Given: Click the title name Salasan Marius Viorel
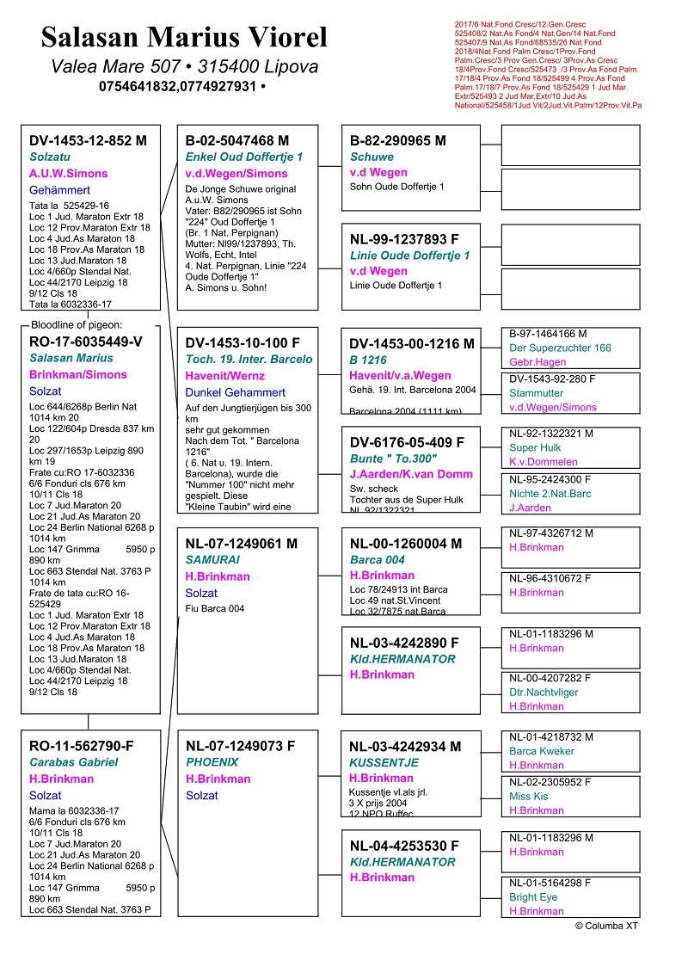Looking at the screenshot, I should [184, 38].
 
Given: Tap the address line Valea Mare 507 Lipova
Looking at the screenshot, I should [184, 67].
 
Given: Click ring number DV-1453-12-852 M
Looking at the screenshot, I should [88, 140].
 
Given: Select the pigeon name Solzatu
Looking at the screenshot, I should [52, 157].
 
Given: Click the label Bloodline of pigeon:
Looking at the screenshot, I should [77, 324].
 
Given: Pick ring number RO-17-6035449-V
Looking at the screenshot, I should [86, 342].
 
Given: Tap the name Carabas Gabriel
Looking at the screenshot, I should [74, 762].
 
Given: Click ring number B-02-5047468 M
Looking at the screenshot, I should [237, 140].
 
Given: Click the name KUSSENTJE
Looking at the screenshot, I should [384, 762].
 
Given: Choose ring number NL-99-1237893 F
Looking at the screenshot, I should [404, 240].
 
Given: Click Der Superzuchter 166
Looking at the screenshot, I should [560, 348].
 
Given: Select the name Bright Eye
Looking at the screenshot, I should [533, 896].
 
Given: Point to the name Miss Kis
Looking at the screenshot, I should [529, 796].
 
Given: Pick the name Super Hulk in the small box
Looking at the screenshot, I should [536, 448].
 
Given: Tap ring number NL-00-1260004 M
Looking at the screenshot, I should [406, 544].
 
